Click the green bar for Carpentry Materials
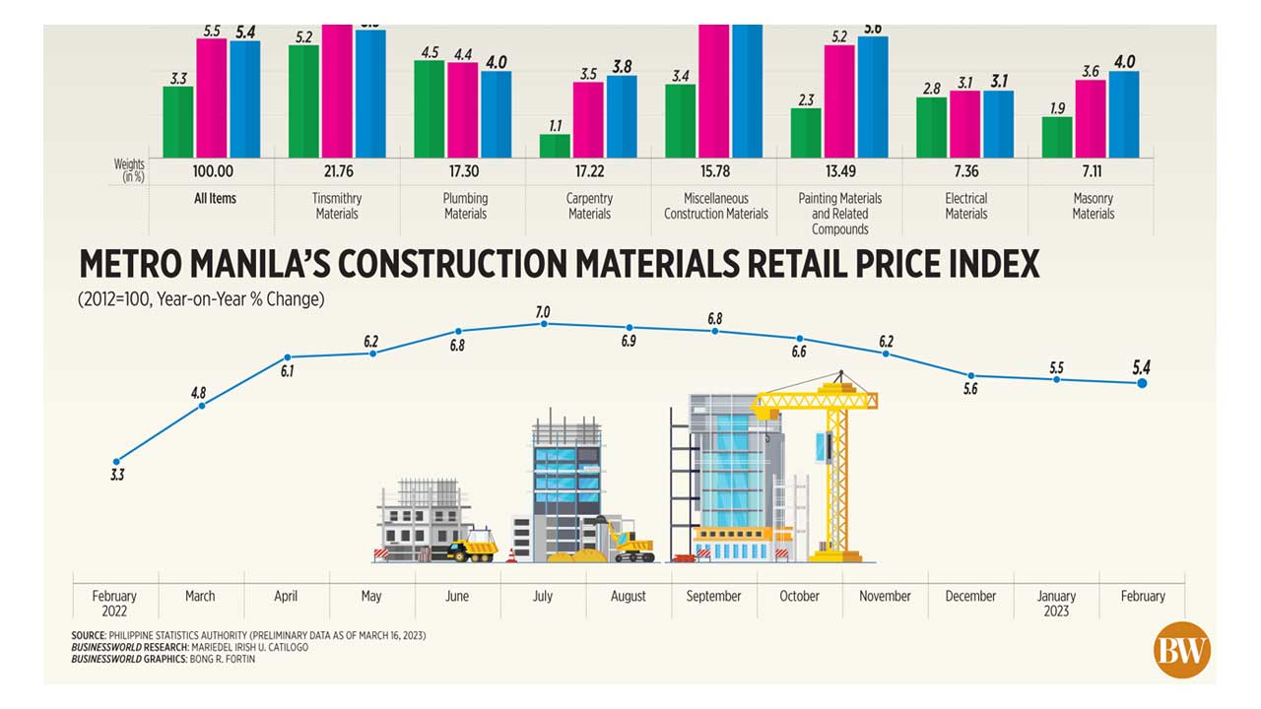tap(555, 146)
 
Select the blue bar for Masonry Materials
tap(1123, 114)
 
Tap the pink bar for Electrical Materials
tap(965, 124)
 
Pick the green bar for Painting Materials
tap(806, 133)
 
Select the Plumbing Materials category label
tap(465, 206)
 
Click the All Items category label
tap(215, 198)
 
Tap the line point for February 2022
tap(117, 461)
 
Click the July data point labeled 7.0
tap(544, 323)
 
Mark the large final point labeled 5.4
tap(1142, 382)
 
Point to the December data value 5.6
tap(970, 389)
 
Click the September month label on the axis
tap(713, 596)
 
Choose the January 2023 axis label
tap(1056, 603)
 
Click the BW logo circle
tap(1181, 651)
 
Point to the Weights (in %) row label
tap(129, 171)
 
